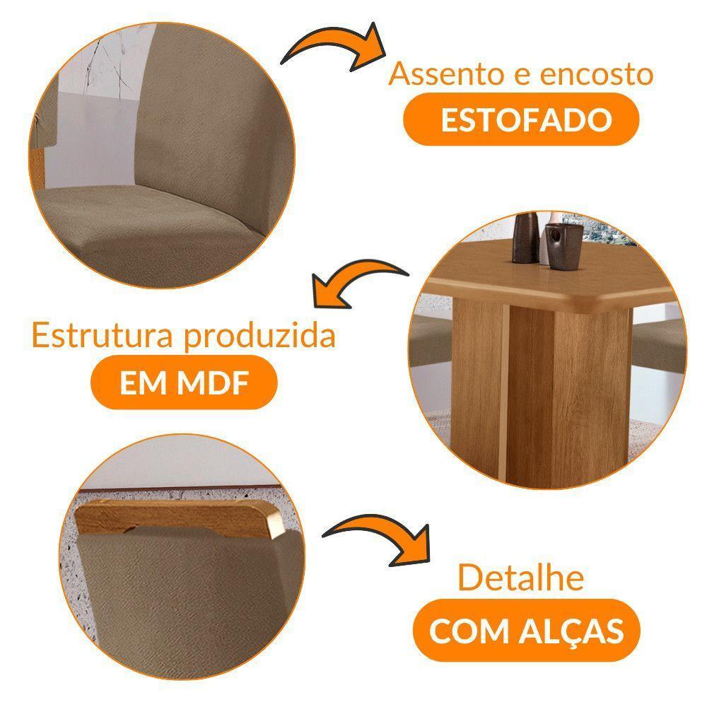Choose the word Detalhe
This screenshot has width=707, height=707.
521,578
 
